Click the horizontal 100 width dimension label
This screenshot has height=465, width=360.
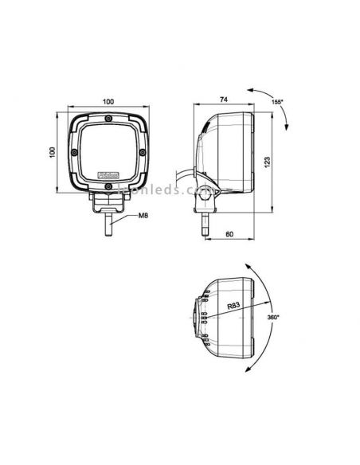tap(108, 101)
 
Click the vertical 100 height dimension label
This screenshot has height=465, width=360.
tap(50, 151)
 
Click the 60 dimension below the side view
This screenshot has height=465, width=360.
tap(229, 236)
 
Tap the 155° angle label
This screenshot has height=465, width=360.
tap(277, 103)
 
